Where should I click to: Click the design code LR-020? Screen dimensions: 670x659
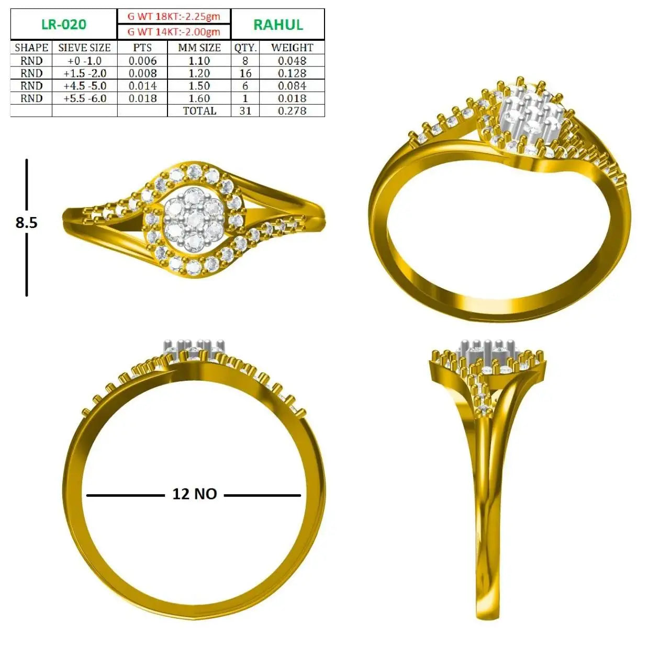64,25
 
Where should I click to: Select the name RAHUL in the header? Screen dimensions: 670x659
278,25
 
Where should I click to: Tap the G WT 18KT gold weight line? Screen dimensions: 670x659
174,16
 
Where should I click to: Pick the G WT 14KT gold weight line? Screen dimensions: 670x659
174,32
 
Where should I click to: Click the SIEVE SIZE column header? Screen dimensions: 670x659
84,48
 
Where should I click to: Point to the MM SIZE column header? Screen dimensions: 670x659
199,48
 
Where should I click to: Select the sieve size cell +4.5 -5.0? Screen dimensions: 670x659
85,86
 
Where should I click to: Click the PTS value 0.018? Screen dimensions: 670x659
142,98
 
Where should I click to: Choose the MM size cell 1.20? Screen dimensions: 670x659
199,73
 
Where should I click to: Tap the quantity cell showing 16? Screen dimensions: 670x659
245,73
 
